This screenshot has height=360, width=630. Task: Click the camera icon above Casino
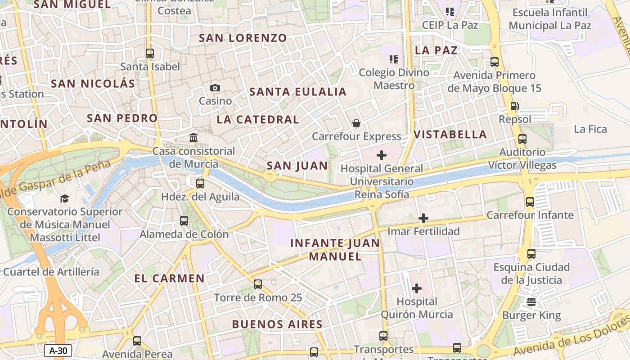click(x=215, y=88)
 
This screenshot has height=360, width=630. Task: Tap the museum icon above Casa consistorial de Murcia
click(x=193, y=137)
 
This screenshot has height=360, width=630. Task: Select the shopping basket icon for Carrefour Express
click(x=356, y=123)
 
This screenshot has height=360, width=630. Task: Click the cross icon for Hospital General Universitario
click(x=382, y=155)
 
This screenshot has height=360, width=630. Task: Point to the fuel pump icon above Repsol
click(x=514, y=107)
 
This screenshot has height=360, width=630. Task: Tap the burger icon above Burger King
click(x=531, y=302)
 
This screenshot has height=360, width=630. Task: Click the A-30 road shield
click(x=58, y=351)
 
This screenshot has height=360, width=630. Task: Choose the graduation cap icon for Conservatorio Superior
click(x=64, y=198)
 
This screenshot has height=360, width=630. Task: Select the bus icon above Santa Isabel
click(x=150, y=54)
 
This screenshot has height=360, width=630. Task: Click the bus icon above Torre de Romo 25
click(x=258, y=284)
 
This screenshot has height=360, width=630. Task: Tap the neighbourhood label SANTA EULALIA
click(x=298, y=92)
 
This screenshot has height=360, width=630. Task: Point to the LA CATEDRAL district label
click(x=258, y=120)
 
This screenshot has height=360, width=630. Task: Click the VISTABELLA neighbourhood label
click(x=450, y=134)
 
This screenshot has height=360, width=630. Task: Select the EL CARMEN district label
click(x=169, y=279)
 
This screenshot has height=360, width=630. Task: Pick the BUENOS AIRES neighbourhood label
click(x=277, y=324)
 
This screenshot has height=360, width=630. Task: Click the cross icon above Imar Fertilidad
click(x=423, y=219)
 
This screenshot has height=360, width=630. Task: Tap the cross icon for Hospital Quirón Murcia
click(x=417, y=288)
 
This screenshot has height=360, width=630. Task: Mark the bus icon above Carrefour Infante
click(x=530, y=202)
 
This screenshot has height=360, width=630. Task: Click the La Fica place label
click(x=590, y=130)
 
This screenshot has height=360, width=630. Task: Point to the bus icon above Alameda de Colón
click(x=184, y=221)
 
